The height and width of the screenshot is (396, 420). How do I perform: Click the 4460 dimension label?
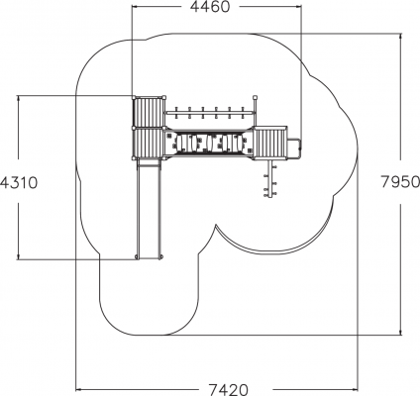(210, 7)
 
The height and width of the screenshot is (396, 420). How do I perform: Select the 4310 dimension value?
(19, 182)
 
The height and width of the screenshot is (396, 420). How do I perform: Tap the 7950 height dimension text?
(400, 181)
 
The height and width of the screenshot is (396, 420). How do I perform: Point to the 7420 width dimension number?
(228, 390)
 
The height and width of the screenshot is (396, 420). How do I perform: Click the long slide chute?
(149, 209)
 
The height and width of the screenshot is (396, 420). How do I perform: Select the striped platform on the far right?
(270, 144)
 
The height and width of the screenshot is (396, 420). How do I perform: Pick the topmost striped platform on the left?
(149, 112)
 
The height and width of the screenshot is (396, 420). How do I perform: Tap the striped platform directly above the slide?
(149, 144)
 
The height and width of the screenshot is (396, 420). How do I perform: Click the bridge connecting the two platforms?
(209, 143)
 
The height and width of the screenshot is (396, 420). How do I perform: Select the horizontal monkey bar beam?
(210, 113)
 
